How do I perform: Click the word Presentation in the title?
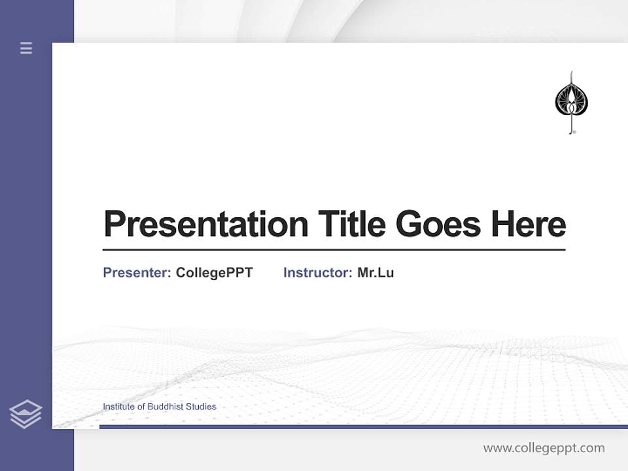(x=205, y=224)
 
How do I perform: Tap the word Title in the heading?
(x=351, y=224)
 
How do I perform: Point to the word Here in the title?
(x=528, y=224)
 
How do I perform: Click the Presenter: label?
(x=137, y=273)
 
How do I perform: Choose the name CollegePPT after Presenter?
(x=214, y=273)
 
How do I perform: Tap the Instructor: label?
(x=317, y=273)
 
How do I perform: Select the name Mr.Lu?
(x=375, y=273)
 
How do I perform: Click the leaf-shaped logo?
(x=571, y=101)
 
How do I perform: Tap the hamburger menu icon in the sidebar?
(x=26, y=48)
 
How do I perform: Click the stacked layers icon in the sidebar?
(x=26, y=414)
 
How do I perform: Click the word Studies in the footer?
(x=201, y=407)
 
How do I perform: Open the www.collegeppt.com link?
(x=544, y=448)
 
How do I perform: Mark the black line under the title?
(x=334, y=250)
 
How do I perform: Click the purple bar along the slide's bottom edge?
(x=363, y=427)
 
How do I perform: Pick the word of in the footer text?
(x=142, y=407)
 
